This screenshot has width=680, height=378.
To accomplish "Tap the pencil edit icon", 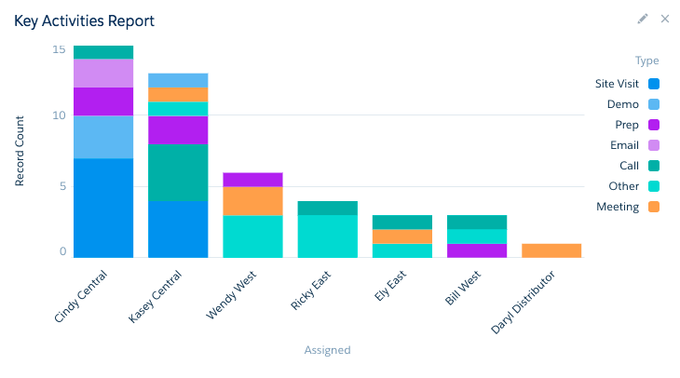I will tap(642, 19).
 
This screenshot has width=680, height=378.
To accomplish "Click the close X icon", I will tap(665, 19).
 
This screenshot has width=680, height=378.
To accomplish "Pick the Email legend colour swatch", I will tap(654, 145).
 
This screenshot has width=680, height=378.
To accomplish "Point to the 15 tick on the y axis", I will tap(59, 49).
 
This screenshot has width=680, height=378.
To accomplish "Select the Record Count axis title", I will tap(20, 152).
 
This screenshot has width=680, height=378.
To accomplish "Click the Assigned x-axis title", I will tap(327, 350).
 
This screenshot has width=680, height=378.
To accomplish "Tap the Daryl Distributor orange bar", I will tap(551, 250).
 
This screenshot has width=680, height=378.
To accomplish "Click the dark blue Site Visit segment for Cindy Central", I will tap(102, 208).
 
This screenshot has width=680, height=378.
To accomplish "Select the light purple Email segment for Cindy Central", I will tap(102, 74).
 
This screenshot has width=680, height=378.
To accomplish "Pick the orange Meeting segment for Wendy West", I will tap(252, 201).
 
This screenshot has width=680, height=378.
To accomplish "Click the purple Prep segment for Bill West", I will tap(476, 250).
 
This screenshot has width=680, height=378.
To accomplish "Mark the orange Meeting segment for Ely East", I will tap(401, 236).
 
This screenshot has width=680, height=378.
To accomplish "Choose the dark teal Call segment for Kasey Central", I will tap(177, 172).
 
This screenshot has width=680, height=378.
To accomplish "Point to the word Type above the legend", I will tap(646, 61).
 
